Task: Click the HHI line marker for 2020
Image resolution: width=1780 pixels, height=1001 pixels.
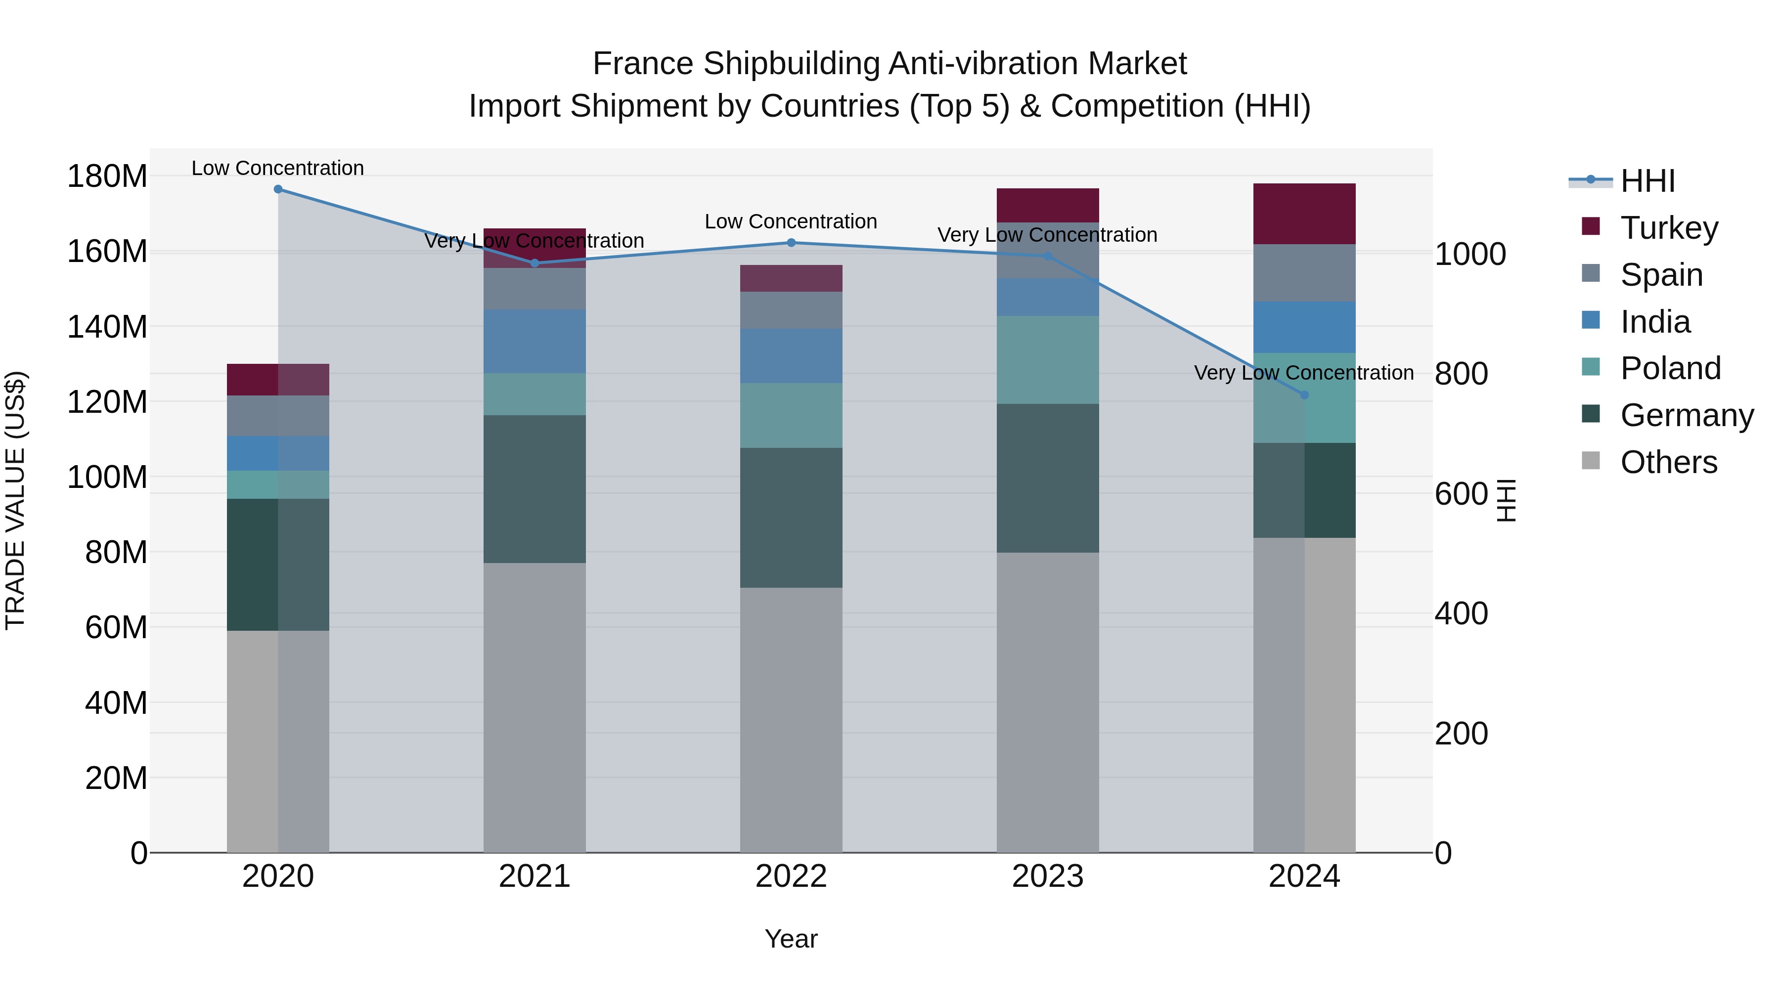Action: pyautogui.click(x=278, y=189)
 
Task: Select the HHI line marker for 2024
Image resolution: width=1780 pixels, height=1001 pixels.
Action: pyautogui.click(x=1304, y=395)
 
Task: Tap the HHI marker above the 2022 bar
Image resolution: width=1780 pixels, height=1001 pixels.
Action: pyautogui.click(x=791, y=243)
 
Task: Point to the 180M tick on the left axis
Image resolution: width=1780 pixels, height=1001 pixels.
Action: pyautogui.click(x=107, y=176)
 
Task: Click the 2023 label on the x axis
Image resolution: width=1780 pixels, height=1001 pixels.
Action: pyautogui.click(x=1048, y=876)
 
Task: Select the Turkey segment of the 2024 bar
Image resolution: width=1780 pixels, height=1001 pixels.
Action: pyautogui.click(x=1304, y=214)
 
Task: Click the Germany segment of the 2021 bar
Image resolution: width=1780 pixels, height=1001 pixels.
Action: pyautogui.click(x=534, y=488)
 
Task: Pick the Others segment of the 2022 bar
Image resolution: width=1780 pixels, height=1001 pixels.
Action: pyautogui.click(x=791, y=718)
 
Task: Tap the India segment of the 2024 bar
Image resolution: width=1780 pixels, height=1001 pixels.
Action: pyautogui.click(x=1304, y=327)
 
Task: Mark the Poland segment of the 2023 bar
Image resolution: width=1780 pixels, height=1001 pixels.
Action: pyautogui.click(x=1048, y=359)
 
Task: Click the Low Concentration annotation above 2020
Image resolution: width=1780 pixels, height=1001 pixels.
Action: pyautogui.click(x=278, y=168)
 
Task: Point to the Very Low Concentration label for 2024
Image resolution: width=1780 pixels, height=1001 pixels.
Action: pyautogui.click(x=1303, y=373)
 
